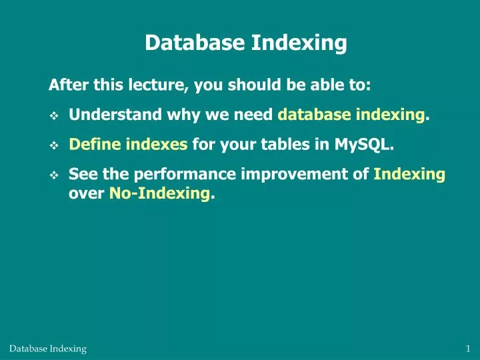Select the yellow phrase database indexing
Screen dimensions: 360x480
[x=352, y=115]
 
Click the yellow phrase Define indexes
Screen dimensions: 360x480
[x=128, y=145]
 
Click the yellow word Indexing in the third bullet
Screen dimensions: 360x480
[x=409, y=175]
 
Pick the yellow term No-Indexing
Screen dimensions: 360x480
[x=160, y=195]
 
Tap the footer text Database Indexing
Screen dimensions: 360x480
[x=48, y=349]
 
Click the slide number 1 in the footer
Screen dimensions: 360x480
[x=469, y=349]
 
